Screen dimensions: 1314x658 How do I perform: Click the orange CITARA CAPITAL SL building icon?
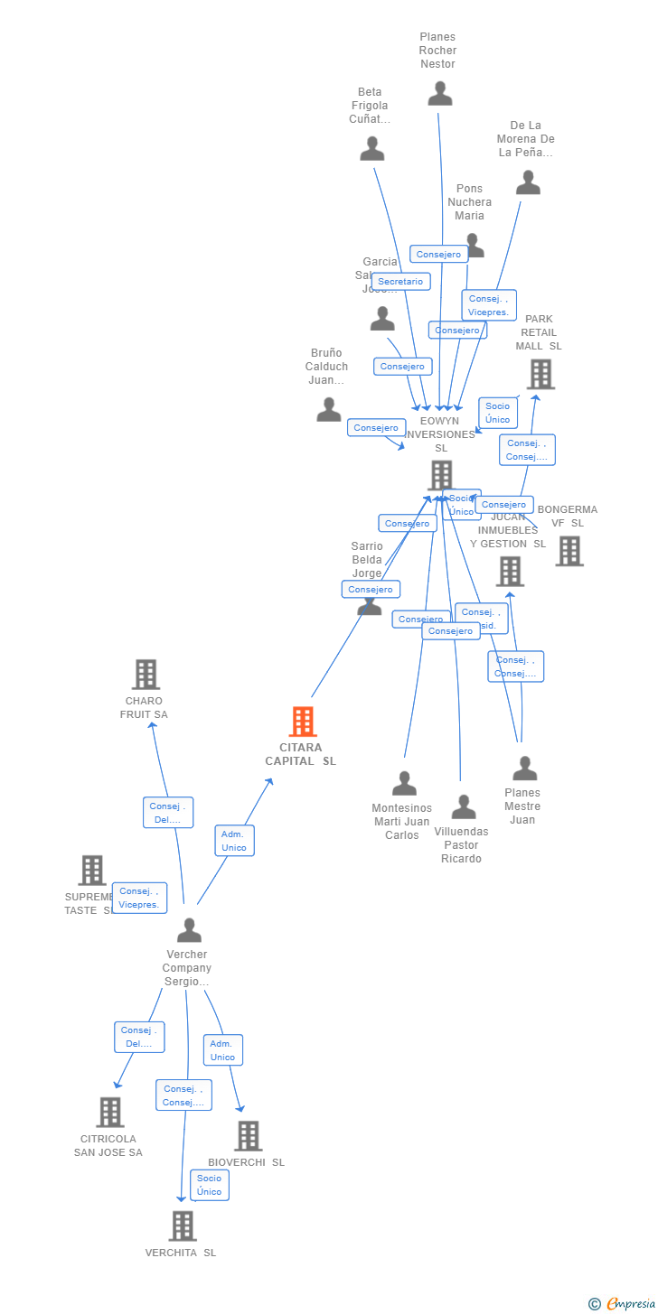tap(303, 722)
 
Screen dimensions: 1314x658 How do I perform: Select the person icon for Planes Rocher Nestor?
tap(440, 93)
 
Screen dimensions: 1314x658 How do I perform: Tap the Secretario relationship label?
tap(400, 282)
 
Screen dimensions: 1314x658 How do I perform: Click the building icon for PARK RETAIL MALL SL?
tap(540, 374)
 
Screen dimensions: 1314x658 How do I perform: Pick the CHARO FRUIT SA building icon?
tap(146, 674)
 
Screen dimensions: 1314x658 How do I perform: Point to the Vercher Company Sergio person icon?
tap(189, 930)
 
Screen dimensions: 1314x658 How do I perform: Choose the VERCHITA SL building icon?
tap(183, 1225)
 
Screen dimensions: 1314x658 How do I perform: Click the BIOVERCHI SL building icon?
tap(248, 1136)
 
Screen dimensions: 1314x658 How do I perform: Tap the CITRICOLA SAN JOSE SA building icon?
tap(110, 1112)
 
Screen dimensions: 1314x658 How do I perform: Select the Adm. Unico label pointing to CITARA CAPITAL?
tap(234, 841)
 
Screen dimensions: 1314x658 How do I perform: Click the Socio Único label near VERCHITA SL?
tap(210, 1185)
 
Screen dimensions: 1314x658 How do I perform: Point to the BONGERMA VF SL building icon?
tap(569, 551)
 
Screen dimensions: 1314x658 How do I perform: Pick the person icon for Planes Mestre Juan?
tap(524, 769)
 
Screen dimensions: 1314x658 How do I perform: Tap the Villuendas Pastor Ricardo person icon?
tap(464, 806)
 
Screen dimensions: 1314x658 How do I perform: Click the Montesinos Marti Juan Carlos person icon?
tap(404, 783)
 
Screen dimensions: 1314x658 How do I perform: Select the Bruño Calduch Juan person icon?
tap(329, 410)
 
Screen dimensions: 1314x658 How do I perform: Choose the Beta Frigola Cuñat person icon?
tap(372, 149)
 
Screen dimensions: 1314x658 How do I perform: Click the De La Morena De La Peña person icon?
tap(528, 182)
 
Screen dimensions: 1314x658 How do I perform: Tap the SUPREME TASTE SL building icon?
tap(92, 870)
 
